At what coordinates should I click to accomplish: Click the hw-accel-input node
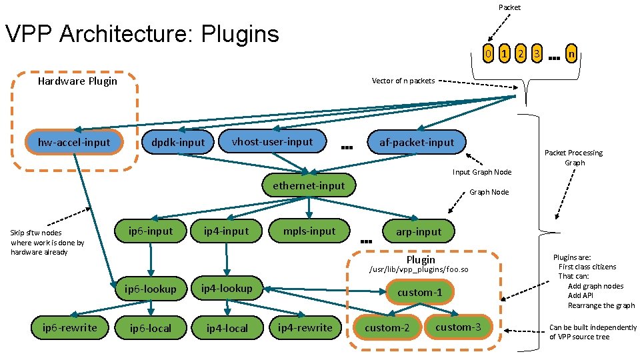coord(74,142)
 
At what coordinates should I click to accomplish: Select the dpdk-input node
coord(178,142)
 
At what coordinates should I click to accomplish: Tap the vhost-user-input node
coord(272,141)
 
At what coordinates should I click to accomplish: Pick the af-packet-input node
coord(417,142)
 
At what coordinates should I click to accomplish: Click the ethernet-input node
coord(309,185)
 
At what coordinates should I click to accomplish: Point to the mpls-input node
coord(309,231)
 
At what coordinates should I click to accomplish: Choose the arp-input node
coord(419,232)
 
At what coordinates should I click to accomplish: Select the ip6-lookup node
coord(151,289)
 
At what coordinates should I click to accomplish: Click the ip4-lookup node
coord(227,288)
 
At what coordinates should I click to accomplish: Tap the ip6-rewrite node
coord(69,327)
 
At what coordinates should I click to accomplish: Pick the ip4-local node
coord(227,328)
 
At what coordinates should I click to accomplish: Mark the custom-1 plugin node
coord(419,293)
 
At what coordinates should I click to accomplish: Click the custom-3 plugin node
coord(457,327)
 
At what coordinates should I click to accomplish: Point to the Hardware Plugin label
coord(77,81)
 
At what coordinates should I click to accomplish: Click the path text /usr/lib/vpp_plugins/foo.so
coord(420,270)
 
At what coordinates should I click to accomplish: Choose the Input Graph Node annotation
coord(482,172)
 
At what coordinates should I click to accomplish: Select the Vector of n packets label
coord(403,81)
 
